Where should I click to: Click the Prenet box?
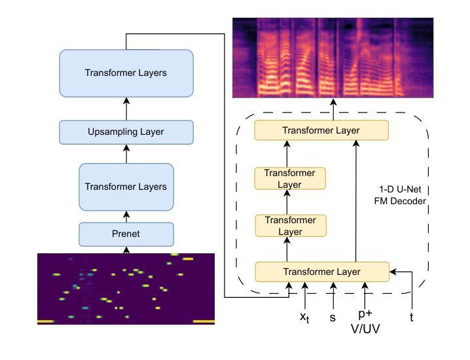click(126, 234)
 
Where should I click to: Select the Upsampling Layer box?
click(126, 132)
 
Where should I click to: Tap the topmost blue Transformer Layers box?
click(126, 73)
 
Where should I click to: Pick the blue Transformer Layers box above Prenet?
click(126, 187)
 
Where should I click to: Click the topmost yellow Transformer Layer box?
click(321, 130)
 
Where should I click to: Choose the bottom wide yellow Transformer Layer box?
click(322, 272)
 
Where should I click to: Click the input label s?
click(333, 317)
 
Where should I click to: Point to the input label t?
click(412, 317)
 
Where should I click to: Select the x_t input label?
click(304, 317)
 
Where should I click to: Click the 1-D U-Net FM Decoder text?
click(400, 195)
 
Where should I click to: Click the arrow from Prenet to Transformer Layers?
click(126, 217)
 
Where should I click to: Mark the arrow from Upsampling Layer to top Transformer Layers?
click(126, 109)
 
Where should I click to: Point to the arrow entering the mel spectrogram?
click(333, 109)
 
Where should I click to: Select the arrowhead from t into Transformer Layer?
click(393, 272)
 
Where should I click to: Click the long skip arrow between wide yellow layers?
click(356, 201)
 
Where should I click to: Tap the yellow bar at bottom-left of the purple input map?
click(46, 321)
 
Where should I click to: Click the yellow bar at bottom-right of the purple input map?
click(204, 321)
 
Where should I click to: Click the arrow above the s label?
click(333, 296)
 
